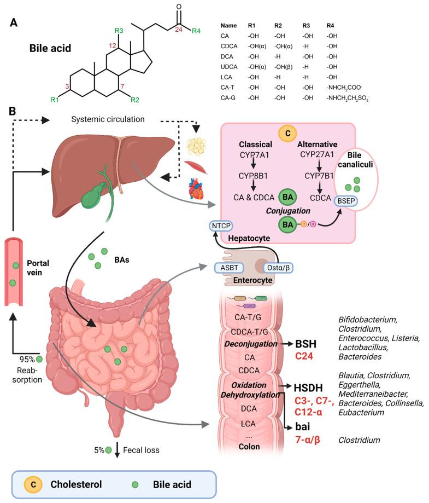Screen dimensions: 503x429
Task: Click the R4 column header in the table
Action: pos(330,26)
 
